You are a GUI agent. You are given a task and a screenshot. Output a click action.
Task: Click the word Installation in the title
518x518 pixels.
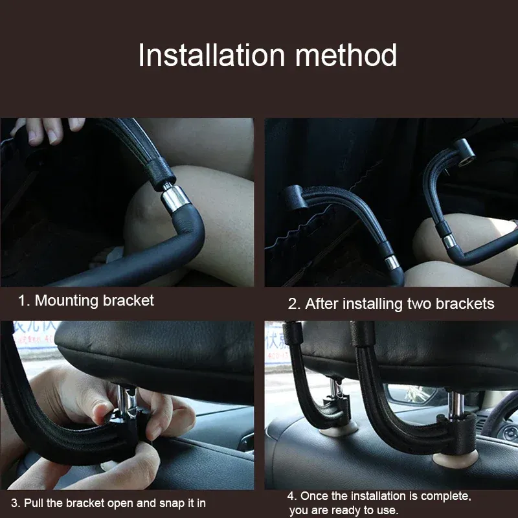coord(212,55)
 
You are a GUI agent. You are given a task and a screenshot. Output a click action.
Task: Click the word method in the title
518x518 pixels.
coord(346,55)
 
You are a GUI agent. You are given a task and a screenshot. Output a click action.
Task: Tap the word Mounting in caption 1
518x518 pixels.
coord(67,301)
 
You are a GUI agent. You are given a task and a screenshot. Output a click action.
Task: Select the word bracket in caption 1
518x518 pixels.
coord(128,300)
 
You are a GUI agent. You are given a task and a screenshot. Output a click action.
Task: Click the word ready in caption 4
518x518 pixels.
coord(346,510)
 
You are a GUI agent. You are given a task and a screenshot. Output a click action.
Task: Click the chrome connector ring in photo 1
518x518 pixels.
coord(175,199)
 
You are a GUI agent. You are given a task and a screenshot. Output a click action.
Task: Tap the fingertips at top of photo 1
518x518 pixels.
coord(49,131)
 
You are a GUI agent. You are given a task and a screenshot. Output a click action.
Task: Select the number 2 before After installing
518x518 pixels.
coord(293,304)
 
